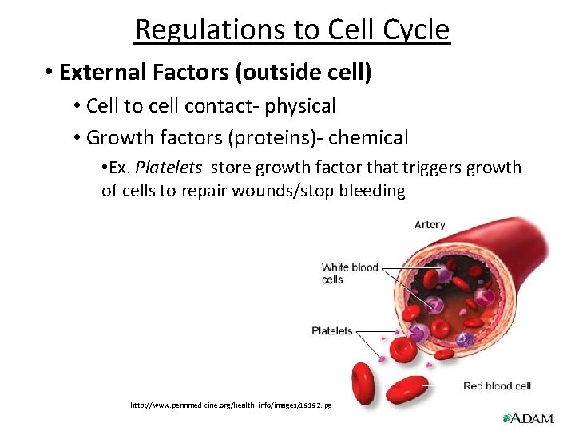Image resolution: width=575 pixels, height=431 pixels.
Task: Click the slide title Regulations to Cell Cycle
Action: pos(292,30)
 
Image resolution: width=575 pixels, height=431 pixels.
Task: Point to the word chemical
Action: pos(368,138)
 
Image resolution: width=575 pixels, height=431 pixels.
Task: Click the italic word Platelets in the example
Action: pos(169,168)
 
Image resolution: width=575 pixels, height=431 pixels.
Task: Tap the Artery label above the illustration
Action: pos(430,225)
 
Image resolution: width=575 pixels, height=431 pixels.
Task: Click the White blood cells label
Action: pos(349,273)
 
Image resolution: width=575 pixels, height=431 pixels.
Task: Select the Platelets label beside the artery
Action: pos(331,330)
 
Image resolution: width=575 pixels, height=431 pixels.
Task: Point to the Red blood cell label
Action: pos(497,386)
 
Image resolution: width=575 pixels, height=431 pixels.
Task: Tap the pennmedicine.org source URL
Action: pos(231,405)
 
